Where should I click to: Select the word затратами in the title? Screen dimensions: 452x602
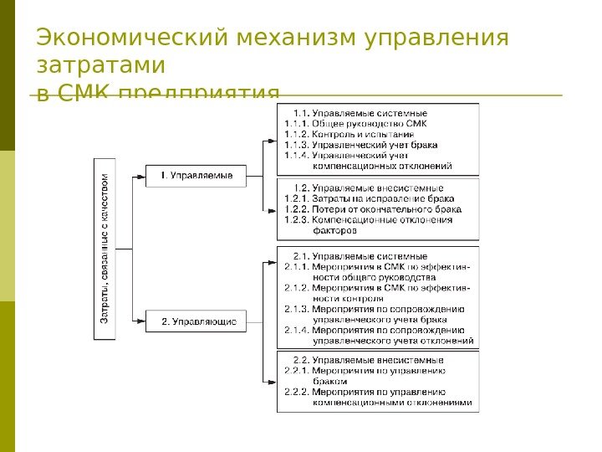point(101,65)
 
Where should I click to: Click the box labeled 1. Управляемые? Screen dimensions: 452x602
point(196,175)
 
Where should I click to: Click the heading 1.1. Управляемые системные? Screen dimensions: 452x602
point(360,112)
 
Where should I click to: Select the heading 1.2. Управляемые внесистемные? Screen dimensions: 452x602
point(369,188)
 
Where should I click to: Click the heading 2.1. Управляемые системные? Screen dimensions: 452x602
point(360,256)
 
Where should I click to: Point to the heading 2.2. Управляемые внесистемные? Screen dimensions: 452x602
point(369,359)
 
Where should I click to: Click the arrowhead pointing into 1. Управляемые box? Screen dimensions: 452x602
point(141,175)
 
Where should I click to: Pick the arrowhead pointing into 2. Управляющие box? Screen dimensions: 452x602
point(141,321)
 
